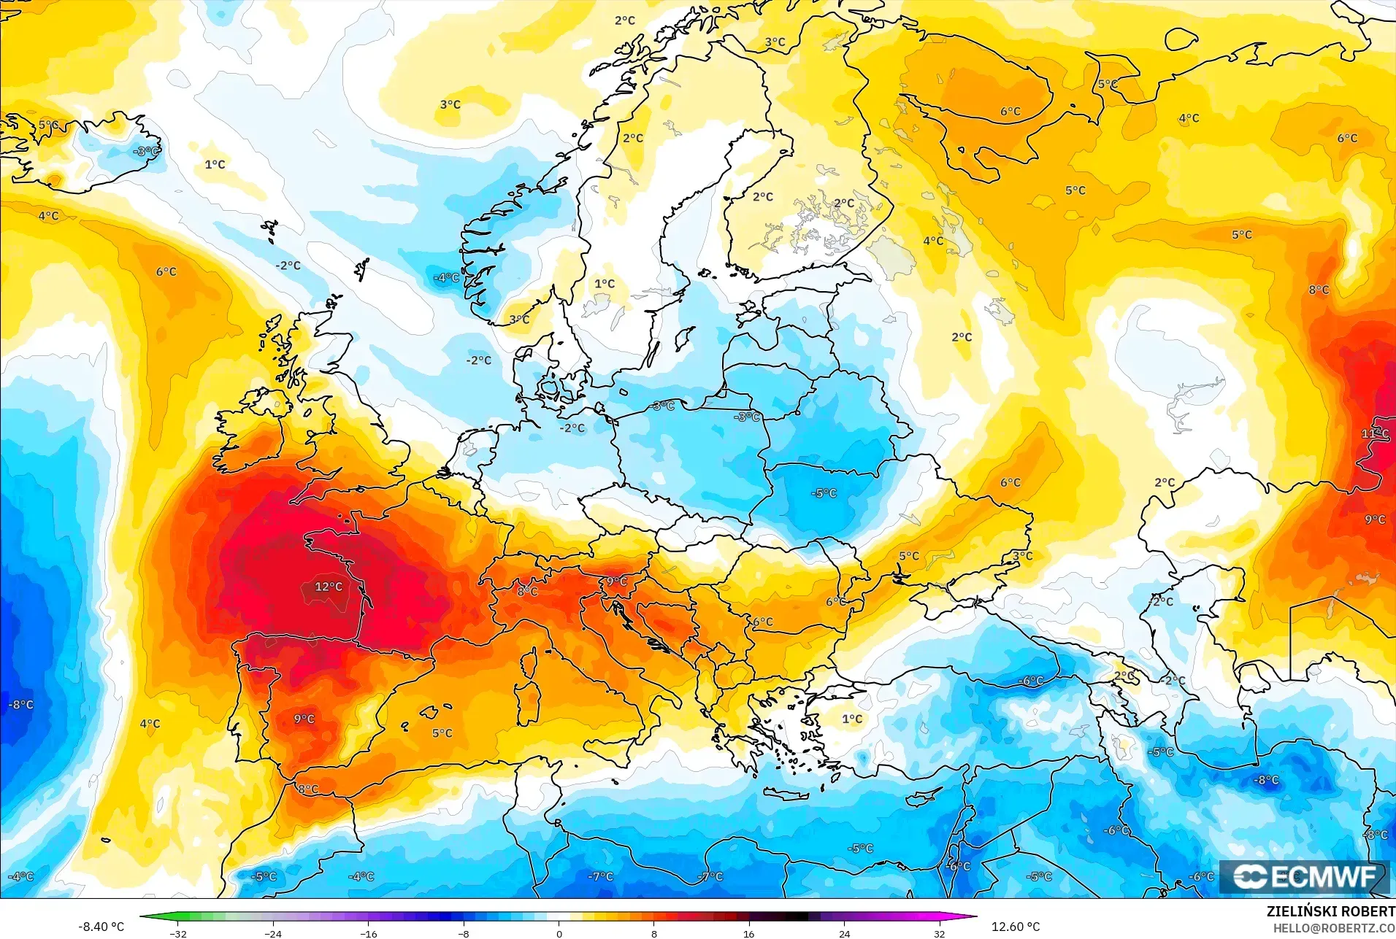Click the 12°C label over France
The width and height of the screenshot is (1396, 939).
click(x=328, y=587)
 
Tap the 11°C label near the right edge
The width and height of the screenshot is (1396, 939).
click(x=1374, y=433)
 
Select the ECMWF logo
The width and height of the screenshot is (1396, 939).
click(x=1304, y=876)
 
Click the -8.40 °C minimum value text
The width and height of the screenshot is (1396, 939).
click(x=101, y=927)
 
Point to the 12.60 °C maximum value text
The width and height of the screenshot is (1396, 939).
click(x=1015, y=927)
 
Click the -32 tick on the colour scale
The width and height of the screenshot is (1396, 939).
click(x=178, y=933)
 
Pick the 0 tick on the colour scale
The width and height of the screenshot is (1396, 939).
click(x=559, y=933)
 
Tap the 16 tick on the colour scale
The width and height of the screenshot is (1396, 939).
click(x=748, y=933)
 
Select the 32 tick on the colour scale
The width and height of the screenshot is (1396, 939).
click(x=939, y=933)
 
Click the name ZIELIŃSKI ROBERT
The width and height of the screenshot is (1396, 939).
click(x=1330, y=912)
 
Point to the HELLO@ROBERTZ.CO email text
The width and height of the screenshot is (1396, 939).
click(x=1334, y=928)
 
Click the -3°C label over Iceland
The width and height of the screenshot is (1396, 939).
click(x=146, y=151)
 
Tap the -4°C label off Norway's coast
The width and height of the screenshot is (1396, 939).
click(x=446, y=278)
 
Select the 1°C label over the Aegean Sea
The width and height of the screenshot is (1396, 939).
click(x=852, y=719)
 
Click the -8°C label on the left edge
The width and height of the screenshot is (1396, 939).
click(x=20, y=705)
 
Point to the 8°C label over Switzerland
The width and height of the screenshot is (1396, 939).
click(x=527, y=591)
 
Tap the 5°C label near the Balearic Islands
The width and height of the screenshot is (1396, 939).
click(x=442, y=733)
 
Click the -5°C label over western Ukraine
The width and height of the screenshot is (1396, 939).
click(x=824, y=493)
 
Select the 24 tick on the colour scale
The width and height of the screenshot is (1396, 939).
click(x=844, y=933)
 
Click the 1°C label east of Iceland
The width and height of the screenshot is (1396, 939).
click(x=215, y=164)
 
